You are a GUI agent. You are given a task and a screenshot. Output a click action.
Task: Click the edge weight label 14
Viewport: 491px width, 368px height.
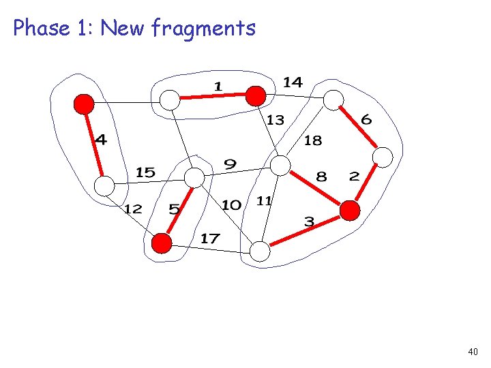coord(293,82)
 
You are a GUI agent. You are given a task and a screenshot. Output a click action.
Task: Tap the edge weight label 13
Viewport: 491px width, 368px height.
coord(275,121)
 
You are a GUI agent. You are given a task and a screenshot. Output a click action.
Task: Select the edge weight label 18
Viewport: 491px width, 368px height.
coord(312,141)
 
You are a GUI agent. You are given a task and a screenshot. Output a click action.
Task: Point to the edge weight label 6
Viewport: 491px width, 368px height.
coord(366,120)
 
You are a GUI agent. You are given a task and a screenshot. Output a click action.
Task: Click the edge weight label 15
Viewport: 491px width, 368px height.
coord(145,172)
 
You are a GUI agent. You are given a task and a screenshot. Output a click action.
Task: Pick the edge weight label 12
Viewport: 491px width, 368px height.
coord(132,209)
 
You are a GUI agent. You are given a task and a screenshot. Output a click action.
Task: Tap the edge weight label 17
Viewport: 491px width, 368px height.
coord(210,239)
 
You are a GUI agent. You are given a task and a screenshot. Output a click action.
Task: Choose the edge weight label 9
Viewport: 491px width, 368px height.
coord(230,164)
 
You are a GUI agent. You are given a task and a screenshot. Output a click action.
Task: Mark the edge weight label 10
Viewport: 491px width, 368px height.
coord(232,204)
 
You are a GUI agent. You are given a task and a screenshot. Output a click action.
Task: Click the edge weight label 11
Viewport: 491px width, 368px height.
coord(265,200)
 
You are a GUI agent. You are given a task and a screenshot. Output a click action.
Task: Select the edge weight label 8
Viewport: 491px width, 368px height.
coord(321,177)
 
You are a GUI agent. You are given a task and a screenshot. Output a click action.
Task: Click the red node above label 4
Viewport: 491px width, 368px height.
coord(84,104)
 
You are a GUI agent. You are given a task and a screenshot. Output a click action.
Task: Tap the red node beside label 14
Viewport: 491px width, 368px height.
coord(256,96)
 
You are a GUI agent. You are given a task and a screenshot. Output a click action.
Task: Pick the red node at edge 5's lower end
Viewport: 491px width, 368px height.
coord(162,243)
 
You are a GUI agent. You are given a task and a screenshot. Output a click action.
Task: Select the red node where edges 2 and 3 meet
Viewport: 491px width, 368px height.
coord(350,211)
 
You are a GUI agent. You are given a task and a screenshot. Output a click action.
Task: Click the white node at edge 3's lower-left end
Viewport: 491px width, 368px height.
coord(260,251)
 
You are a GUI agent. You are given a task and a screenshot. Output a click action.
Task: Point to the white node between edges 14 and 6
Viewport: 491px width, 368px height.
coord(333,100)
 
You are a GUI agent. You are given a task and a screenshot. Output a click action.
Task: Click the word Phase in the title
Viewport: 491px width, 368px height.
coord(42,28)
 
